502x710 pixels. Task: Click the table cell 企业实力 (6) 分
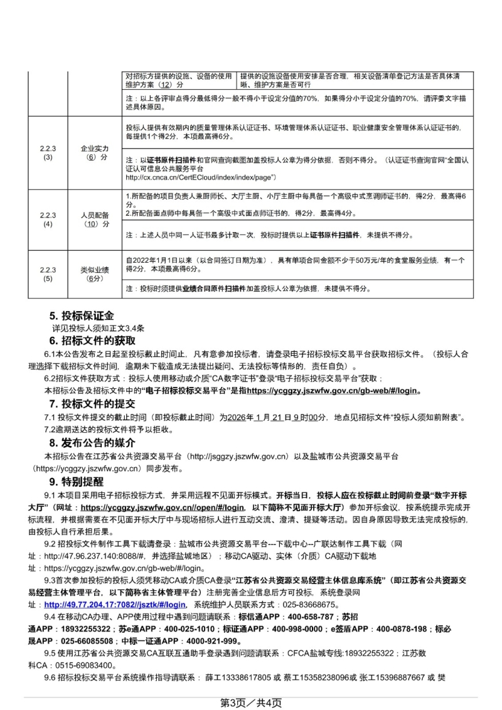pyautogui.click(x=94, y=152)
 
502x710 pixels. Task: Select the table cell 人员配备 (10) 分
pyautogui.click(x=94, y=219)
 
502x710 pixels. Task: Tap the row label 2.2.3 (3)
pyautogui.click(x=48, y=152)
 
